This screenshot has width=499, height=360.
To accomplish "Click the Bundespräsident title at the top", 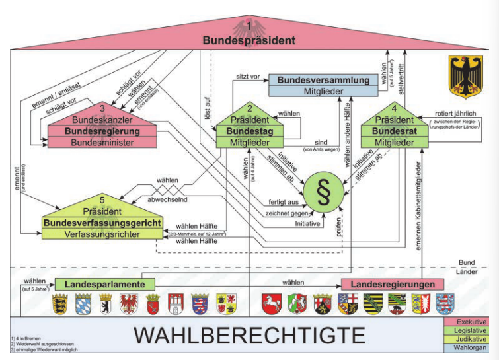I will [x=249, y=40].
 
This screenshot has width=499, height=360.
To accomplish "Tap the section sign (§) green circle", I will [x=325, y=189].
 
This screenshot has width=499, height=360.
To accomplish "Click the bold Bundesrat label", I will [x=395, y=131].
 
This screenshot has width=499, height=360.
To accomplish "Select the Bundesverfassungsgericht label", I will [x=102, y=223].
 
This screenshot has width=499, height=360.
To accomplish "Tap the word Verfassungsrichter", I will [x=102, y=234].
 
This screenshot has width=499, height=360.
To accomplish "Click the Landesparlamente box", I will [x=105, y=284].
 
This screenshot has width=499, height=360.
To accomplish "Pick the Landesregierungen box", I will [x=392, y=284].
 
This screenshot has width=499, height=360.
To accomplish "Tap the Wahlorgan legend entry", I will [x=469, y=348].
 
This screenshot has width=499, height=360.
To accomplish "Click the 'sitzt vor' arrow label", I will [x=246, y=77].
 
